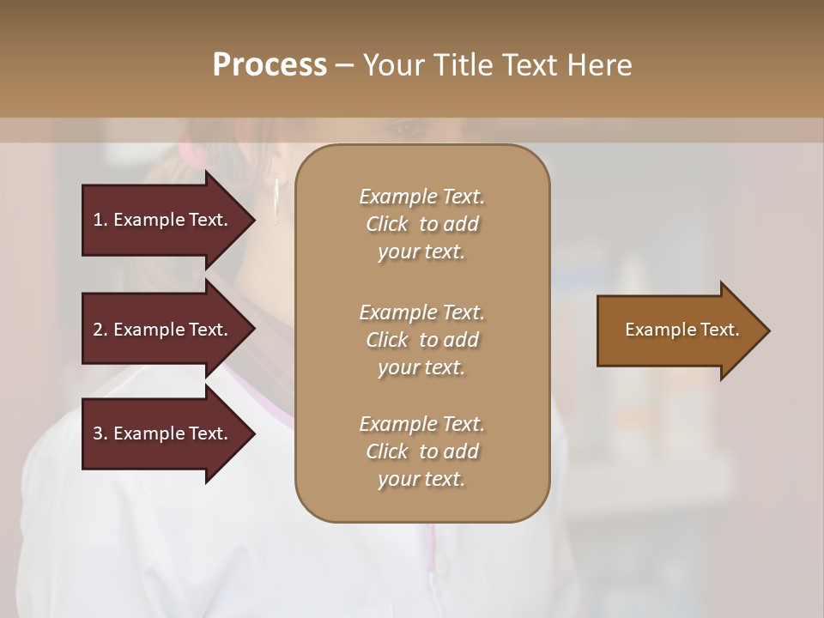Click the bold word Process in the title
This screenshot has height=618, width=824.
pyautogui.click(x=270, y=65)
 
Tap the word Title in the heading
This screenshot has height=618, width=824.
pyautogui.click(x=467, y=65)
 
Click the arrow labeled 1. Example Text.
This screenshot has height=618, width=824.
pyautogui.click(x=163, y=220)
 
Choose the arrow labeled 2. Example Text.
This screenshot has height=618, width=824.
pyautogui.click(x=163, y=330)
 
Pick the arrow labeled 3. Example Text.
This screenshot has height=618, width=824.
pyautogui.click(x=163, y=433)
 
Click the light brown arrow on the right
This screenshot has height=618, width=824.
pyautogui.click(x=678, y=330)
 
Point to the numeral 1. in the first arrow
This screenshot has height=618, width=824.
pyautogui.click(x=100, y=220)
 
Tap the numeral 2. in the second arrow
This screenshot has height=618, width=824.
pyautogui.click(x=100, y=330)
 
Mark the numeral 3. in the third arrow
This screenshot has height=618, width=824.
pyautogui.click(x=100, y=433)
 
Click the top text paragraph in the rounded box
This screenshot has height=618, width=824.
pyautogui.click(x=421, y=224)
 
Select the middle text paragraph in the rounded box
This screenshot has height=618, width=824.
pyautogui.click(x=421, y=339)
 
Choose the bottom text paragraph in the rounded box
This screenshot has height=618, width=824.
pyautogui.click(x=421, y=451)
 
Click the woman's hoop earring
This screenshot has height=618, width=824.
pyautogui.click(x=276, y=202)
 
